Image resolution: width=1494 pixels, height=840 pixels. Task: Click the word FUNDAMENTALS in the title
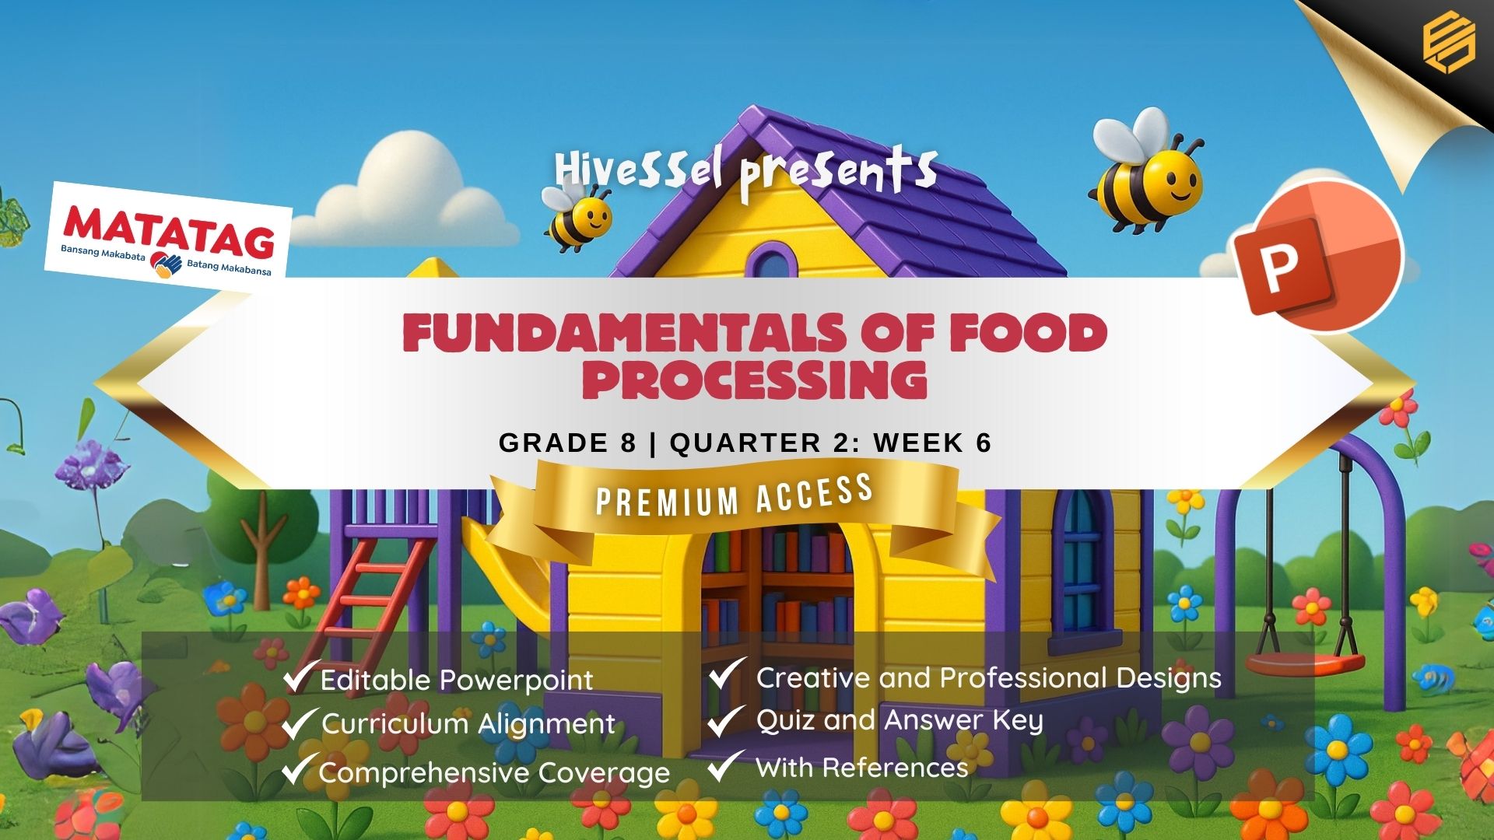(622, 333)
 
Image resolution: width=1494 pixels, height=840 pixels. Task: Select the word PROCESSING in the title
(755, 380)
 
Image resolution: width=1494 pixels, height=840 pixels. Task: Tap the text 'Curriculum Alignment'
(468, 724)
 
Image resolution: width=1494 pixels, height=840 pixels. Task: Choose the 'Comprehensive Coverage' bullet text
(494, 772)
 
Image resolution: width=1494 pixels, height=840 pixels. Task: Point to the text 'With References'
(862, 768)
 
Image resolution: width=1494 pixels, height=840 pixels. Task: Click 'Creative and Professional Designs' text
(989, 677)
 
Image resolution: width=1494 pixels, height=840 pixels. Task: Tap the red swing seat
(1305, 663)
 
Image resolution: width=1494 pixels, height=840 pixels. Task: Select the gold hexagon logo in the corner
(1449, 44)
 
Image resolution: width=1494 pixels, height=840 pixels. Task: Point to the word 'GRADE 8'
(567, 443)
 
